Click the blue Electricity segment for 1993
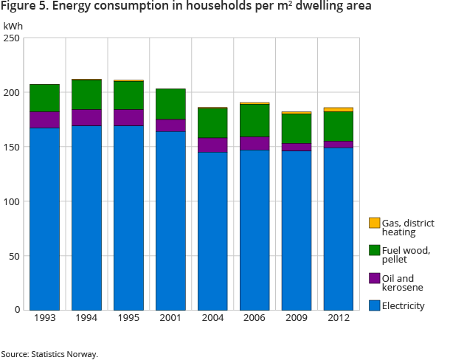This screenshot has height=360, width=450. coord(44,218)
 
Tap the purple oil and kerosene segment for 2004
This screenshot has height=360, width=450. coord(212,145)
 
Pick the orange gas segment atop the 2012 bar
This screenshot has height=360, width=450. coord(339,109)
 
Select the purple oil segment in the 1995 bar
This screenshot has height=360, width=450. coord(128,117)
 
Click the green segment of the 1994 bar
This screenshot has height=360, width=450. coord(86,94)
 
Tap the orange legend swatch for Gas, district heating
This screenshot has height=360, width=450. coord(375,223)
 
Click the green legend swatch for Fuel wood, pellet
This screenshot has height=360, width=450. coord(375,250)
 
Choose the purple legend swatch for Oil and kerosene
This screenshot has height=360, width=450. coord(375,278)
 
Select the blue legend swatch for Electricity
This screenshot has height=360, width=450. coord(375,305)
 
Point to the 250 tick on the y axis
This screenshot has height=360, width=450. coord(13,38)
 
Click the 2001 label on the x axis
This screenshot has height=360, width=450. coord(170,319)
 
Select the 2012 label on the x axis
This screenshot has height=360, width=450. coord(339,319)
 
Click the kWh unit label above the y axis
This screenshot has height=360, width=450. coord(13,26)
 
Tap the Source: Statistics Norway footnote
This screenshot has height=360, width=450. coord(49,354)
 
